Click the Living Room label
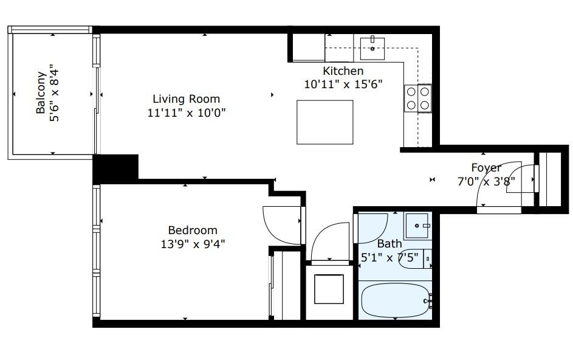186,99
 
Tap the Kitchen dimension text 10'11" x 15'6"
343,85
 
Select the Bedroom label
193,230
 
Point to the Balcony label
41,93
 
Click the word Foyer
486,168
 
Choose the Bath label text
389,244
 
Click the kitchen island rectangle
324,122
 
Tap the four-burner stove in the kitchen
418,99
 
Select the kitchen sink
372,47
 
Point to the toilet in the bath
423,258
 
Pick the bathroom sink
418,226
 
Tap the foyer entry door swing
498,185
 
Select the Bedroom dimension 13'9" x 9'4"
193,244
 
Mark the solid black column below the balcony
115,168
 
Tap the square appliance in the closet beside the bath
329,289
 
